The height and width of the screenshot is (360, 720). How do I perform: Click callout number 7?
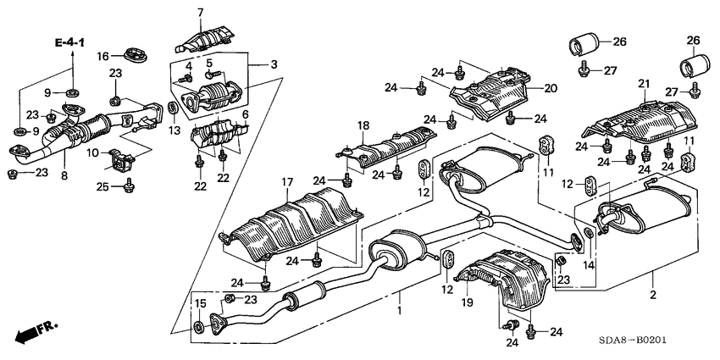(201, 12)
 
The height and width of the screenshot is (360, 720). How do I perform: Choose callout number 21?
(643, 83)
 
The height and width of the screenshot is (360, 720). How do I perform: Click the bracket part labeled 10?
(125, 156)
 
